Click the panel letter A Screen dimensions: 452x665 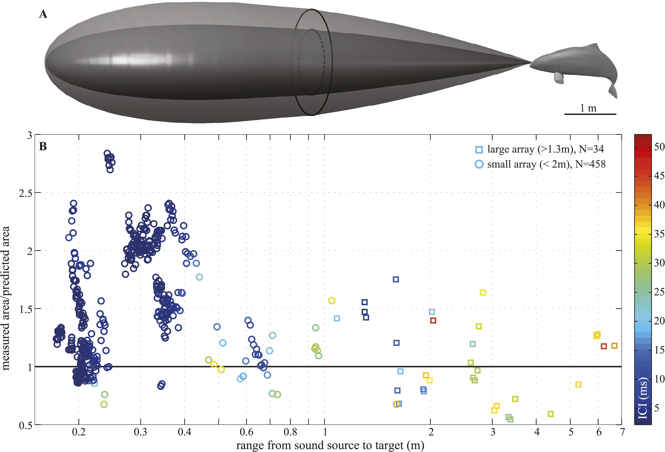tap(43, 14)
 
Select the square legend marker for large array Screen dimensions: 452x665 tap(479, 150)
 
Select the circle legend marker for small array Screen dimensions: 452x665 tap(479, 164)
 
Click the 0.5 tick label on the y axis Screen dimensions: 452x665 tap(26, 425)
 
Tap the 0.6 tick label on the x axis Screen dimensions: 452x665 tap(246, 432)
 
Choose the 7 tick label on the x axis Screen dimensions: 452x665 tap(622, 432)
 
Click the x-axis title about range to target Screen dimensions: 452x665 tap(330, 445)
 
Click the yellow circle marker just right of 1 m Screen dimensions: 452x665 tap(332, 301)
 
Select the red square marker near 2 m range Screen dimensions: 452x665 tap(433, 321)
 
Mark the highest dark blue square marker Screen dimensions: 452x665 tap(396, 279)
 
